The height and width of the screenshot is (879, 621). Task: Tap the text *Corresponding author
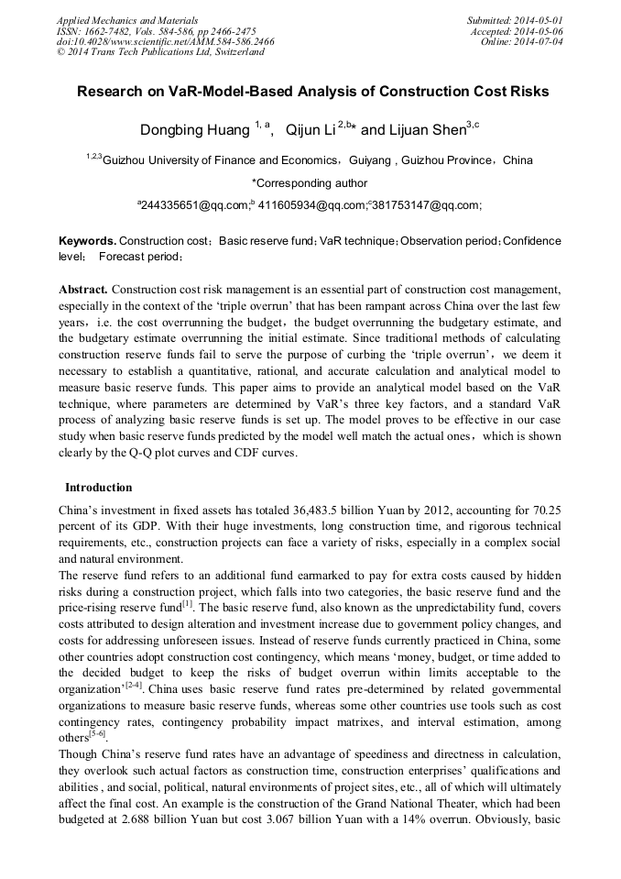[x=310, y=183]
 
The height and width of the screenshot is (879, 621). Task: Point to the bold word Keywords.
[x=87, y=240]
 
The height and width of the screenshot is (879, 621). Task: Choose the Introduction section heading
[x=98, y=487]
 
